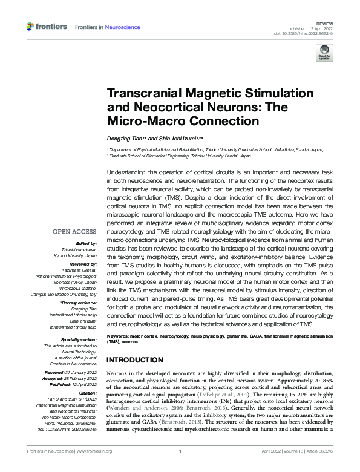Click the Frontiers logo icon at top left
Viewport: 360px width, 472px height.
point(31,27)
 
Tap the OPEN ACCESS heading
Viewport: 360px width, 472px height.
point(74,232)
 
